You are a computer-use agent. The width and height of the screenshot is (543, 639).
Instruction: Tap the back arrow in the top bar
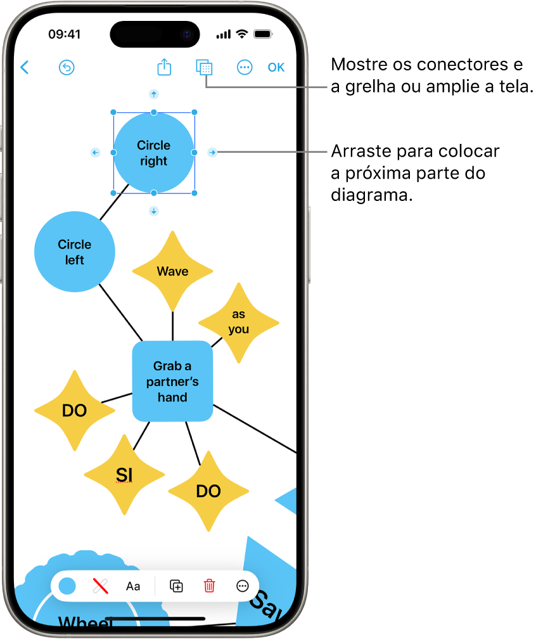25,67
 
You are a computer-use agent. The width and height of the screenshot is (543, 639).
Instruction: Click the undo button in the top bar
67,68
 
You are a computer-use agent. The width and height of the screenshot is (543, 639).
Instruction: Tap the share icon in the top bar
164,67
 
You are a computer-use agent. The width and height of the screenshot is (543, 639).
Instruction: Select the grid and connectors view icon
204,68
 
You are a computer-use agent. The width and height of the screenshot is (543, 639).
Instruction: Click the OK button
276,68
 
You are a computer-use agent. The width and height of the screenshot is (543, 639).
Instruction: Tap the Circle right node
153,153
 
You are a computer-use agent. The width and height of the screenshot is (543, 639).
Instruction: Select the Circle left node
75,252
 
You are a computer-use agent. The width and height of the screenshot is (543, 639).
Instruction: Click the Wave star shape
172,271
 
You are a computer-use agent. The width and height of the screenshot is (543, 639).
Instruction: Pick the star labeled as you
239,322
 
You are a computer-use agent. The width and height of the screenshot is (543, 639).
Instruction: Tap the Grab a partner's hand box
172,382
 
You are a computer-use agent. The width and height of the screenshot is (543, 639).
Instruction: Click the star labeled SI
124,474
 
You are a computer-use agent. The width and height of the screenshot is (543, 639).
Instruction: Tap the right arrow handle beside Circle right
213,152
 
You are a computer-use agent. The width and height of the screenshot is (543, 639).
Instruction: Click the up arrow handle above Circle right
153,94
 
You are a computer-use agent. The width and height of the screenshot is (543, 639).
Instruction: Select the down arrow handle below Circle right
153,211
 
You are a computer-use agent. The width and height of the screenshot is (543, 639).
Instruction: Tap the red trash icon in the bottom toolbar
209,586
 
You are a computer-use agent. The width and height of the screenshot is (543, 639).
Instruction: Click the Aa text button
133,586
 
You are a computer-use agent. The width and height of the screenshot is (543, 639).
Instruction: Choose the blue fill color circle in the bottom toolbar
67,586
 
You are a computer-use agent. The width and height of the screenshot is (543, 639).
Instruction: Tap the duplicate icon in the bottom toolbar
177,586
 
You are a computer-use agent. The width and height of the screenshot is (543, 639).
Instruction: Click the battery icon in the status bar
263,34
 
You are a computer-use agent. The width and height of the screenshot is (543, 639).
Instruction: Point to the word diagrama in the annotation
371,196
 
